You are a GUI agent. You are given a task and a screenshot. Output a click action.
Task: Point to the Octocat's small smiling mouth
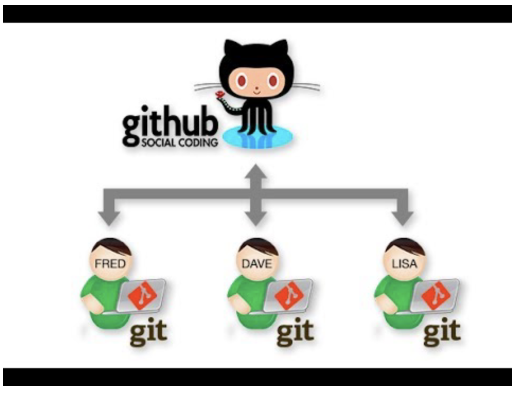257,91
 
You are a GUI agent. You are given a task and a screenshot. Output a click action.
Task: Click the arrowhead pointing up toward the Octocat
257,171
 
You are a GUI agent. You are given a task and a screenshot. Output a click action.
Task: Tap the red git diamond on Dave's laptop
289,295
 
